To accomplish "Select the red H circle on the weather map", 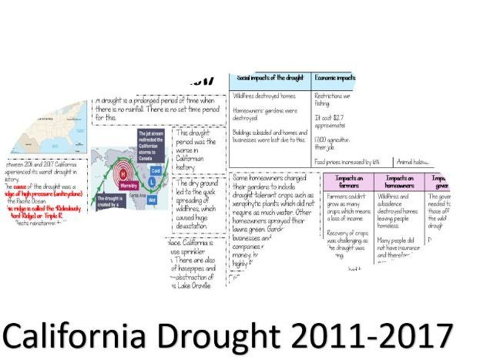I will (121, 174).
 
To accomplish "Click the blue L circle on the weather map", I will (153, 180).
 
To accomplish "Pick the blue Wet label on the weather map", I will (153, 198).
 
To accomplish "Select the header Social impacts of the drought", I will (270, 79).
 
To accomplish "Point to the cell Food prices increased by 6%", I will (337, 162).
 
